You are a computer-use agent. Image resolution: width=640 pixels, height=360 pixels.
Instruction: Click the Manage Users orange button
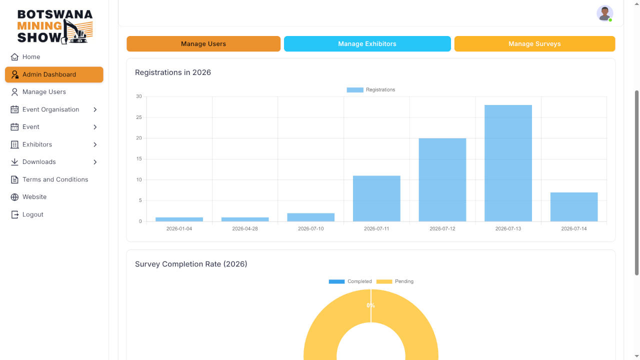pos(203,43)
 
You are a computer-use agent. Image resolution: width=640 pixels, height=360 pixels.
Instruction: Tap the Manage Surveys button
pos(534,43)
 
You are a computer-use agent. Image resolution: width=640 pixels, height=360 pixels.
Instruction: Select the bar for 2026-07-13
pos(508,163)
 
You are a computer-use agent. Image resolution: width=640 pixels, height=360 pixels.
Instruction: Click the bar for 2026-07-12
pos(442,179)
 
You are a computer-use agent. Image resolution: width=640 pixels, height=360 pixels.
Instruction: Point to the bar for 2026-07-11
pos(376,198)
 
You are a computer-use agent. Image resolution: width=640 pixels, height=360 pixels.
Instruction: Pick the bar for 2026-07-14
pos(574,207)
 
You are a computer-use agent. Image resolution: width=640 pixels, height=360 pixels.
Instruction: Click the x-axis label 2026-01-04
pos(179,229)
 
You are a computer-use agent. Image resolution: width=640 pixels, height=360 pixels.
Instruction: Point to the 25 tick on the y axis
pos(139,117)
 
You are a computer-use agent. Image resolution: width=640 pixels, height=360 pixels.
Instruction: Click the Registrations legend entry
pos(371,89)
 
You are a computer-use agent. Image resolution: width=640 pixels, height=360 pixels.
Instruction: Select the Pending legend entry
pos(395,281)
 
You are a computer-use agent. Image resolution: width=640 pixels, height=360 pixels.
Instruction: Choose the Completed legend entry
pos(350,281)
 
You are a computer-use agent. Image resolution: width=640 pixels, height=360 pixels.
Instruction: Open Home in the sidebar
pos(25,57)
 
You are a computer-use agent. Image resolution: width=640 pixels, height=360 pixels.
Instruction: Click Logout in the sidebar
pos(27,214)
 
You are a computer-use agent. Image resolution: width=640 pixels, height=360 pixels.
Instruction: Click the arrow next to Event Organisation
pos(95,109)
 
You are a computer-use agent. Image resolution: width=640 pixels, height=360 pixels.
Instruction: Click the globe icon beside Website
pos(14,197)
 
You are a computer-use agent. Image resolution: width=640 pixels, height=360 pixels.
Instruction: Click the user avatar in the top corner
pos(604,13)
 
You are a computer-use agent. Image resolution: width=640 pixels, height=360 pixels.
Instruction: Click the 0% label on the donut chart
pos(370,305)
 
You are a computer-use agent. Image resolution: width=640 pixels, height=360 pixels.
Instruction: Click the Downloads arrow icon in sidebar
pos(95,162)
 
